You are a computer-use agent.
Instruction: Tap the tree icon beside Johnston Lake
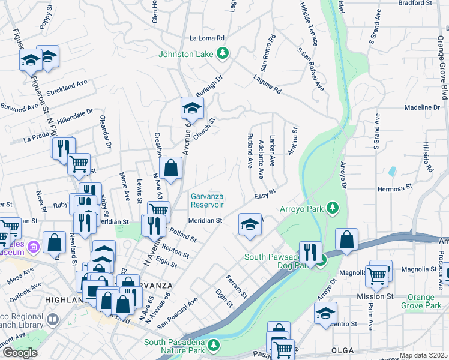click(x=223, y=53)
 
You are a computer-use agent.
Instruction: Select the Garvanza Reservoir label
click(x=208, y=200)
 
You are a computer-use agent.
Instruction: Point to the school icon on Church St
click(x=192, y=109)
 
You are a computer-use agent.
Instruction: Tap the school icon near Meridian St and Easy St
click(x=250, y=225)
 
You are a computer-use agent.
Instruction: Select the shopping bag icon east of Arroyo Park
click(x=346, y=240)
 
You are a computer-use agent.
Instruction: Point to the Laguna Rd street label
click(x=267, y=85)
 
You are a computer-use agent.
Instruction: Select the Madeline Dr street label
click(x=422, y=107)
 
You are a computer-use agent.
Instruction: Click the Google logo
click(x=20, y=353)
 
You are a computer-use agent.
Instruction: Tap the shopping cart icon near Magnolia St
click(x=377, y=275)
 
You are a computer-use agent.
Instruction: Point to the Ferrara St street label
click(x=237, y=287)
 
